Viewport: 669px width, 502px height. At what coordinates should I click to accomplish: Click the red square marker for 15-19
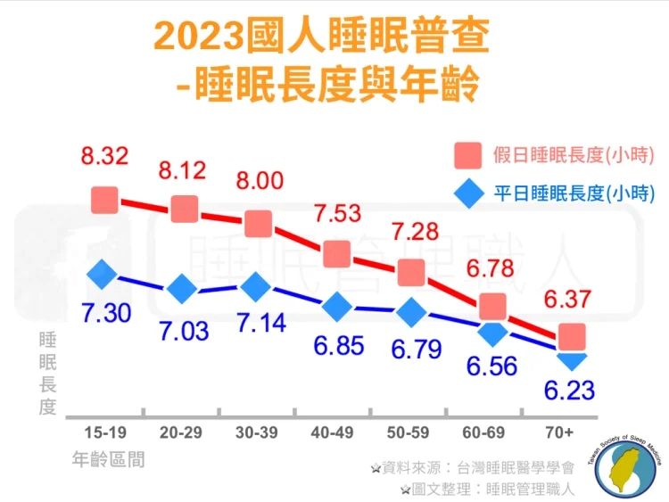coord(104,200)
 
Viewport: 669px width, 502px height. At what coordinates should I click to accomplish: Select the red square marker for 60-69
coord(493,307)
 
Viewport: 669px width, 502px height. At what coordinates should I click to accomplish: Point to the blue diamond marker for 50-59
coord(411,313)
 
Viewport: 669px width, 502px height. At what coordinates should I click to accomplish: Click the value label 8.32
coord(104,157)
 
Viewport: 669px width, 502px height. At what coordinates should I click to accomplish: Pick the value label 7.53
coord(337,214)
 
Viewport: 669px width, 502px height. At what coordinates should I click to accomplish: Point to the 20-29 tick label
coord(181,432)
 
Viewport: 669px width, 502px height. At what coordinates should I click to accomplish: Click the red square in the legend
coord(467,155)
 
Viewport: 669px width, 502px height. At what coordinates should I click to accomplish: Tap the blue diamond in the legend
coord(467,193)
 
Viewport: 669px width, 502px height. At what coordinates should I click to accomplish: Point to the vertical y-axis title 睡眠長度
coord(47,374)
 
